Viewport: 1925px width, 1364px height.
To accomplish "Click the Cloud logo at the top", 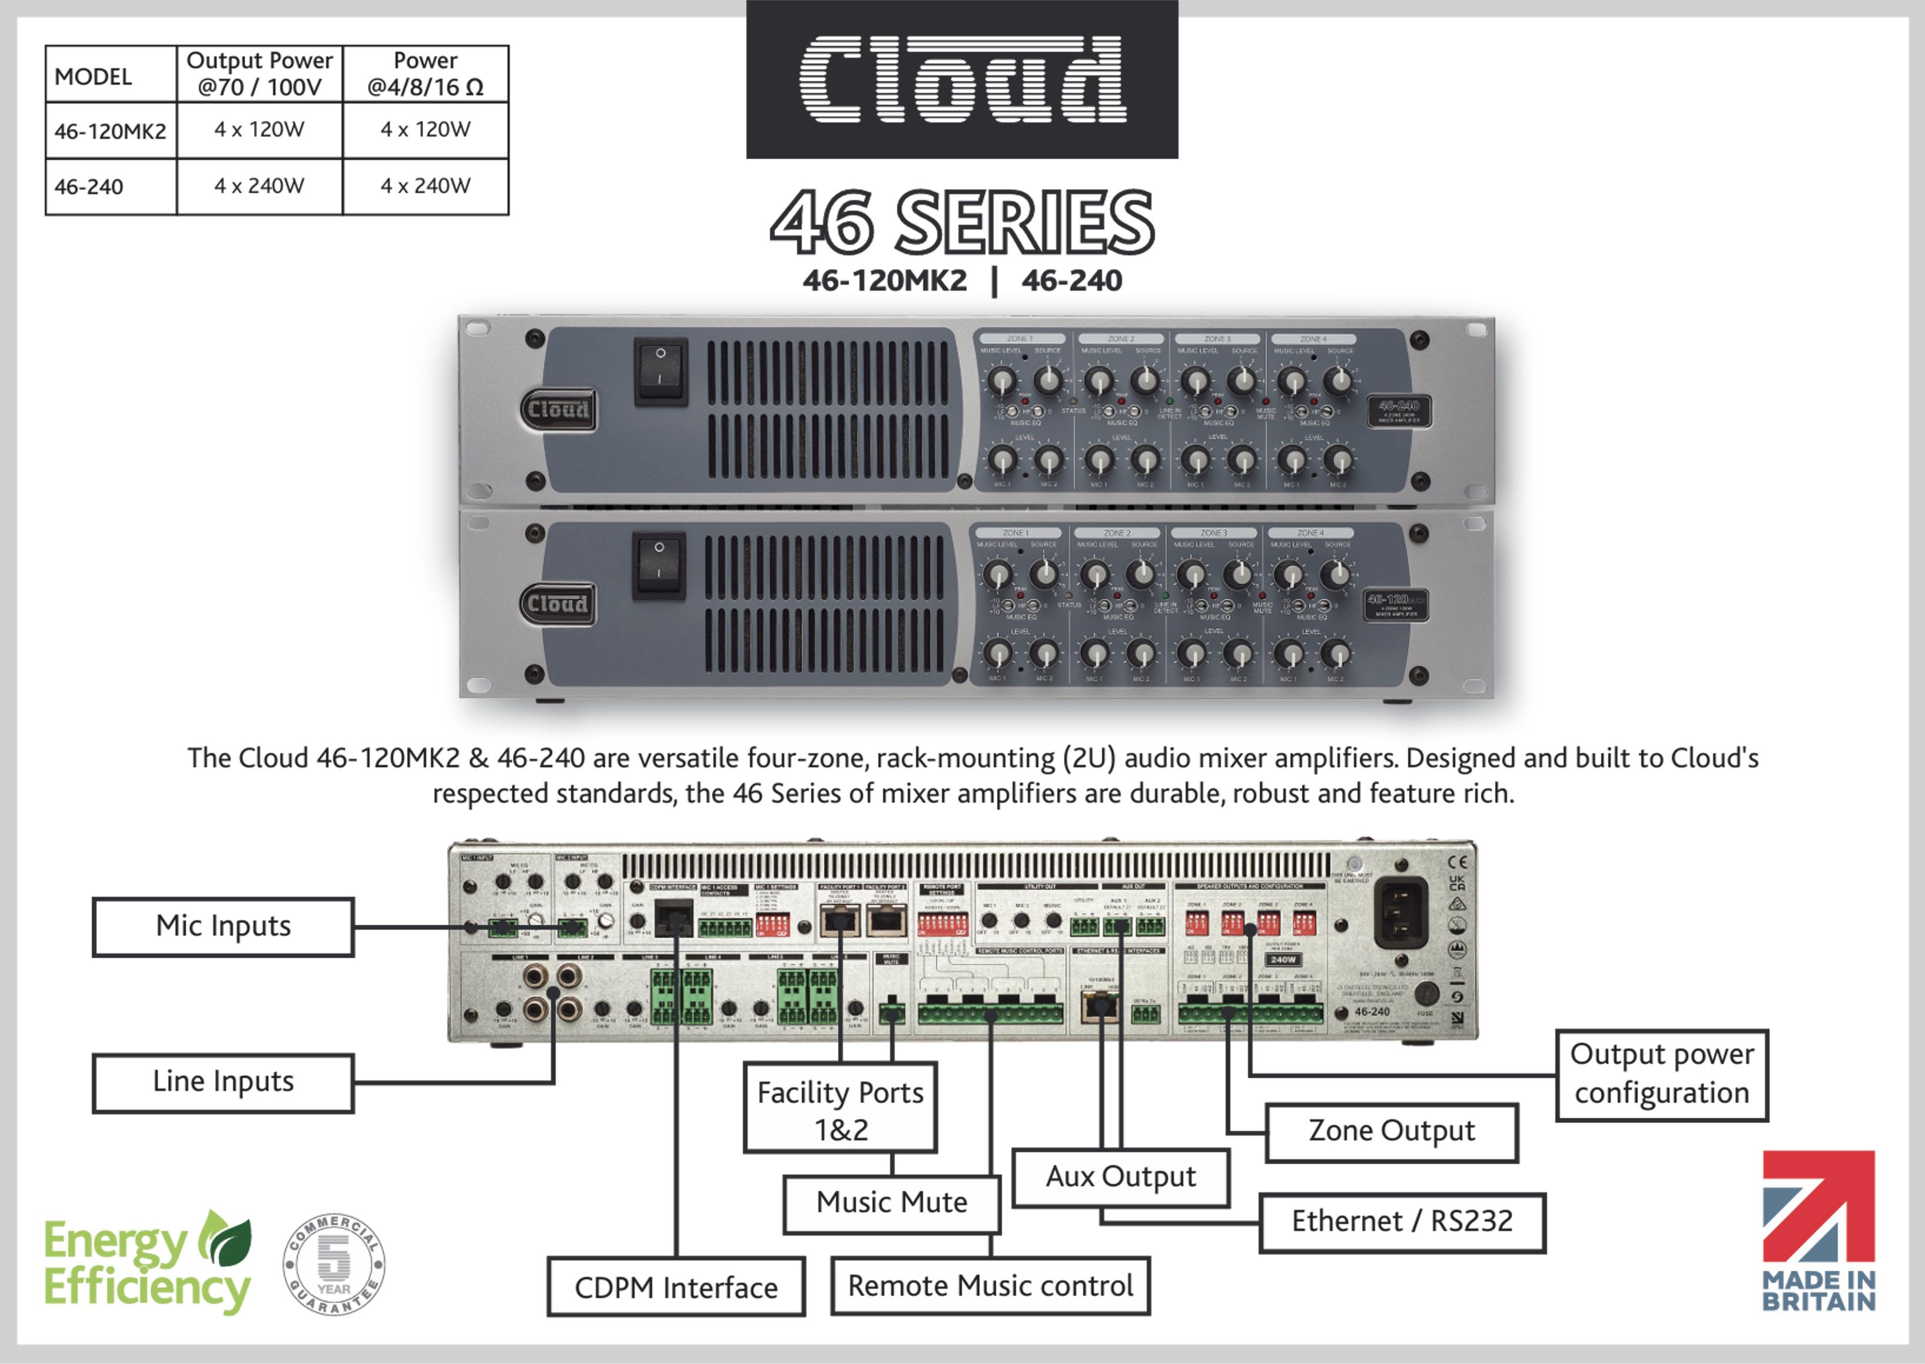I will (x=962, y=80).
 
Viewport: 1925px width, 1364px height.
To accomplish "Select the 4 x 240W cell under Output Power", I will (x=260, y=185).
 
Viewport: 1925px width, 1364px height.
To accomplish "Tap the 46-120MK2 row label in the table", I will (x=110, y=131).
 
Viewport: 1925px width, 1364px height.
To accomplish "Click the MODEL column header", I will (x=93, y=76).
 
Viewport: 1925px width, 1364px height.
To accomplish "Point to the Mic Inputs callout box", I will (x=223, y=926).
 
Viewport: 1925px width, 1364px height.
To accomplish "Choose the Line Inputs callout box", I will (x=223, y=1082).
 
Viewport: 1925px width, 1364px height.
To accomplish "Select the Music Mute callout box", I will (x=891, y=1203).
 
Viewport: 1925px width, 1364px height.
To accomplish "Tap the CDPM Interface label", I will (x=676, y=1288).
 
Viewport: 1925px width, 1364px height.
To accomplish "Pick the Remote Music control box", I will (x=990, y=1286).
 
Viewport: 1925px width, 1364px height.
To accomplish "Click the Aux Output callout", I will (x=1120, y=1177).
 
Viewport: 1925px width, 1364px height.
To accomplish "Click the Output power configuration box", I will (x=1661, y=1074).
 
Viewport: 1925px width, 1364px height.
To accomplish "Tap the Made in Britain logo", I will (x=1818, y=1230).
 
